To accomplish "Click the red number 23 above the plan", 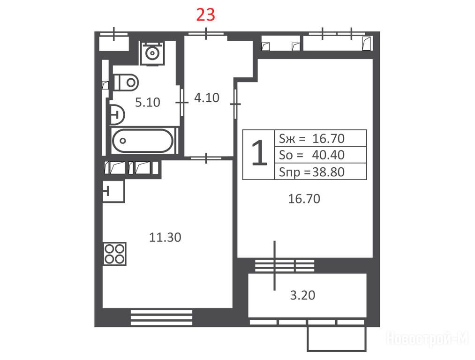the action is coord(205,15).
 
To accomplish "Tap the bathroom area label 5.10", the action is coord(148,102).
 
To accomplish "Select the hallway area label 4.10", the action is coord(207,98).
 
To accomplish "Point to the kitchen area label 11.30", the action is coord(165,237).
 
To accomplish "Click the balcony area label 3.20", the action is coord(302,295).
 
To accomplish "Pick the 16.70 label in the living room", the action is coord(304,199).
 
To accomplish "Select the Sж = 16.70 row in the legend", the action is coord(312,139).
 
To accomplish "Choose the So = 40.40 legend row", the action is coord(312,155).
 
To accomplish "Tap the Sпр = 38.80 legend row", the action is coord(312,172).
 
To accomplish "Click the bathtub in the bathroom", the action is coord(143,141).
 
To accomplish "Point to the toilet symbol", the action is coord(126,82).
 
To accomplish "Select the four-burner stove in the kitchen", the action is coord(114,254).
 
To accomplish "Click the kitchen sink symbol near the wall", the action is coord(113,191).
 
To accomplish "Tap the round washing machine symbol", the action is coord(152,53).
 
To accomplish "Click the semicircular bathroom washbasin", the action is coord(117,114).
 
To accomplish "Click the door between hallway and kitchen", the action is coord(206,158).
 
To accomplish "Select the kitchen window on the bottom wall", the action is coord(161,317).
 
